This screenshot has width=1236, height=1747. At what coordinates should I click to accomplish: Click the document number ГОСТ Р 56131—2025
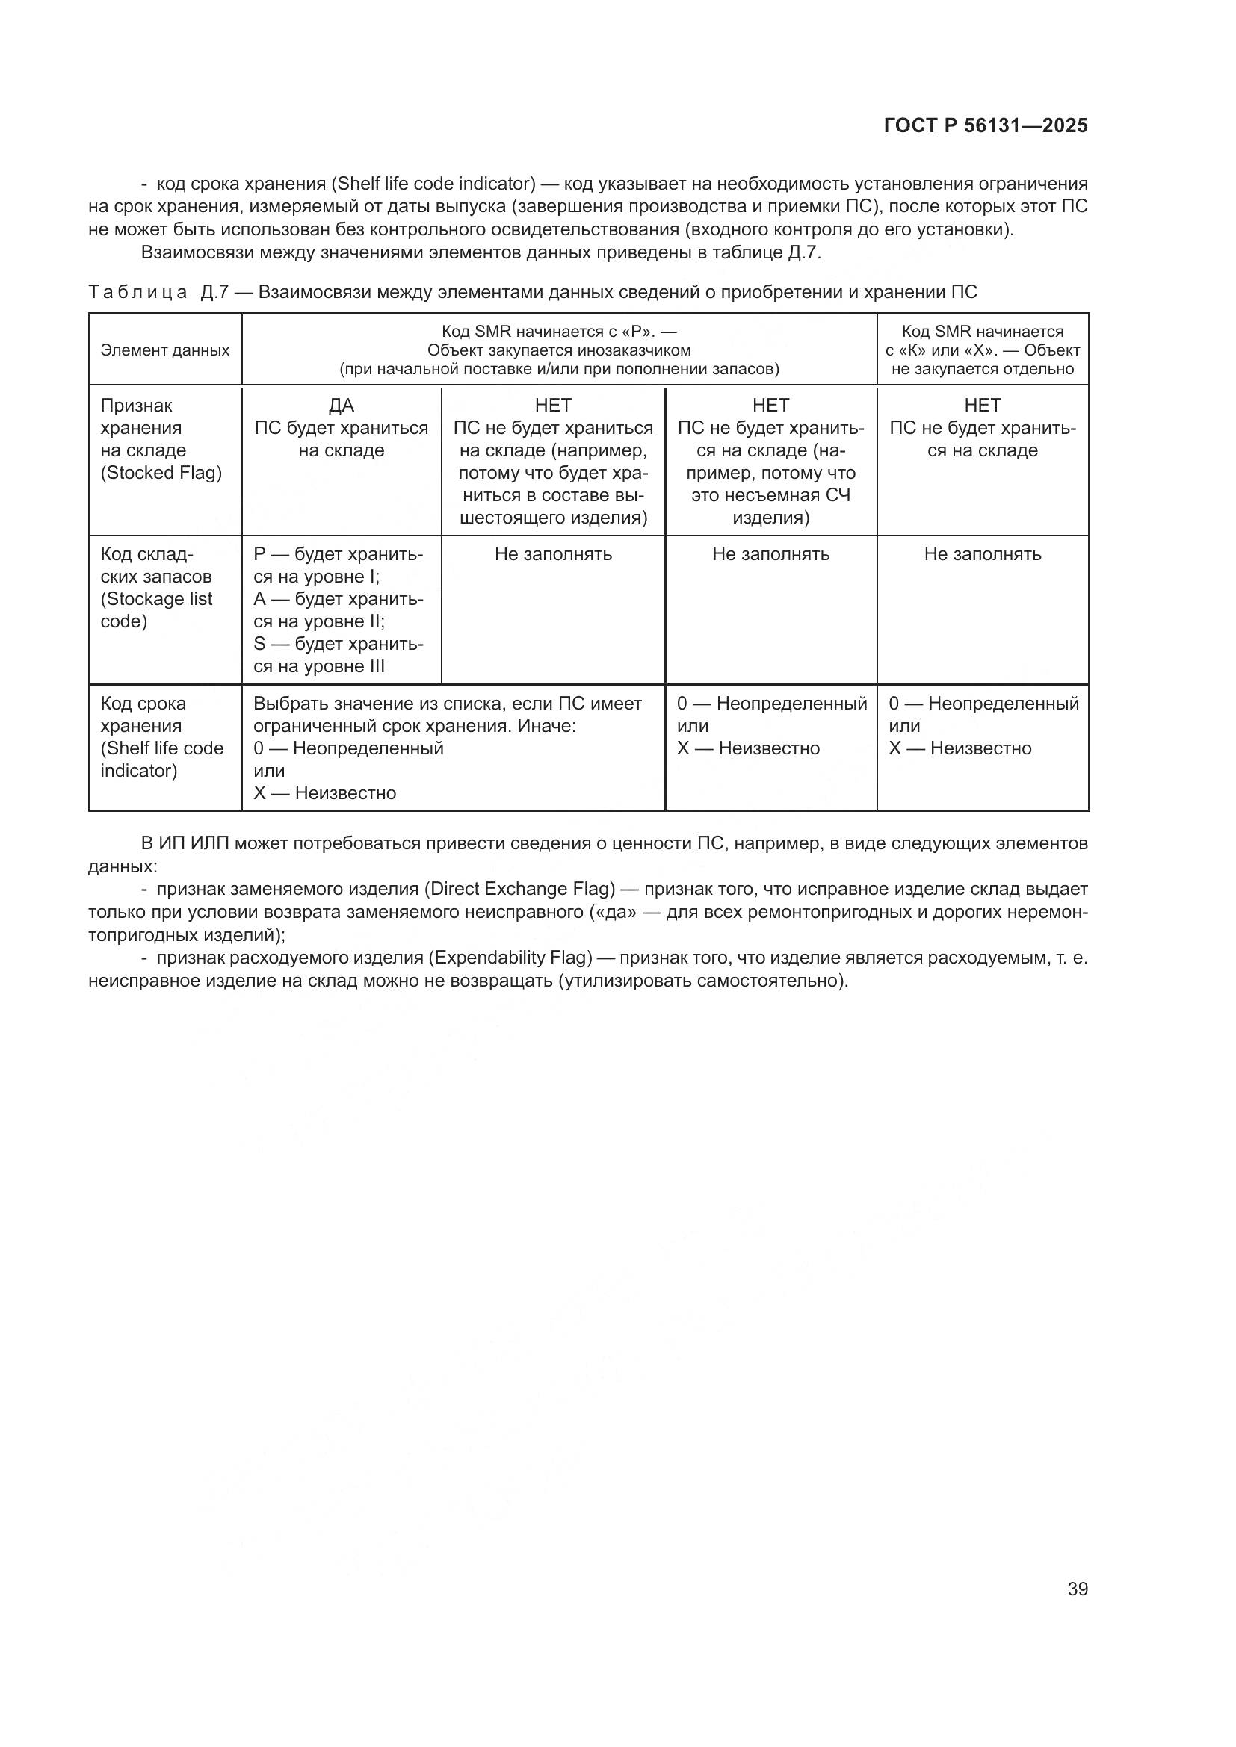point(986,126)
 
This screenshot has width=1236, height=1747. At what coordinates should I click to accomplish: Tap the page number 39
point(1077,1589)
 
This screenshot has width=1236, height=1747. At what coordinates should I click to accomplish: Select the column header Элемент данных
point(164,351)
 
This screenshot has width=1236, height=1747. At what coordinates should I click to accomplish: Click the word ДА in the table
point(341,406)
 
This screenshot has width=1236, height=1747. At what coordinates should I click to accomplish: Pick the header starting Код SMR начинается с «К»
point(982,351)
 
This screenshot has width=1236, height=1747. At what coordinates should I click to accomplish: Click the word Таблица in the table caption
point(137,293)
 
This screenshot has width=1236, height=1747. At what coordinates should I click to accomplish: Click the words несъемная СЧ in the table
point(770,495)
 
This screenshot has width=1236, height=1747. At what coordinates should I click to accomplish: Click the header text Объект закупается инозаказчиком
point(559,351)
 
